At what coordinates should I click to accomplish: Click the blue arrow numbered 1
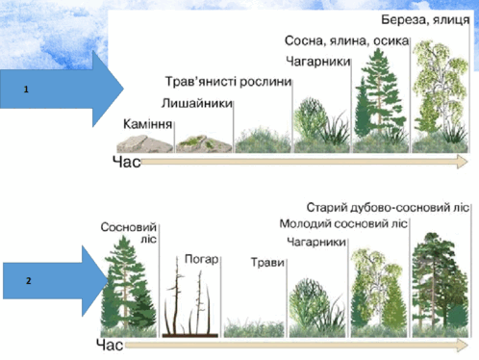(x=61, y=89)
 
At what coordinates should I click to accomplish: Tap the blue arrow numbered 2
(x=56, y=281)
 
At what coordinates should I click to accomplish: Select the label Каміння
(x=148, y=124)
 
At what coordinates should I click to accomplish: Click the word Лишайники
(x=197, y=103)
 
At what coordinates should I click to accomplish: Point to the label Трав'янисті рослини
(x=228, y=82)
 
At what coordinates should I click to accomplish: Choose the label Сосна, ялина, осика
(x=347, y=40)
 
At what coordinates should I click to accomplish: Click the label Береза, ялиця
(x=425, y=20)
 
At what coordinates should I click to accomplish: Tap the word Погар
(x=202, y=259)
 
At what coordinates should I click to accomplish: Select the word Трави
(x=267, y=263)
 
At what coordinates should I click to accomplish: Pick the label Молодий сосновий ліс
(x=343, y=223)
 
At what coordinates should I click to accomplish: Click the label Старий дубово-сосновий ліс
(x=388, y=208)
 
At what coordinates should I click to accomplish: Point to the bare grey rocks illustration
(x=145, y=143)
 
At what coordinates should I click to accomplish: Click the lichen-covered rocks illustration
(x=204, y=143)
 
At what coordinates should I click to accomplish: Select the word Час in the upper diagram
(x=127, y=162)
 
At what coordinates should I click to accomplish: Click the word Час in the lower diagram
(x=110, y=345)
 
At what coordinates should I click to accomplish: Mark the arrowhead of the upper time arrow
(x=462, y=162)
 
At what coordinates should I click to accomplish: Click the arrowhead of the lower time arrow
(x=463, y=346)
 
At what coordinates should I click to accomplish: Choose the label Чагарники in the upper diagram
(x=317, y=62)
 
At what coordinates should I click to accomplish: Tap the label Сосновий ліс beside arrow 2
(x=129, y=233)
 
